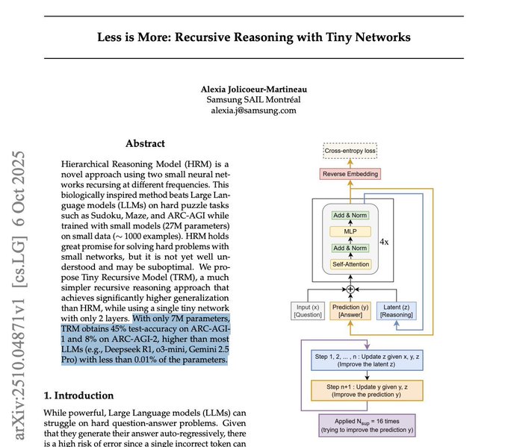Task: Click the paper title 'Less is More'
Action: (254, 37)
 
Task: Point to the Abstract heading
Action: (145, 143)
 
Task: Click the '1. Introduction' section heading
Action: (78, 396)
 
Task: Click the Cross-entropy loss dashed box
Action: (350, 151)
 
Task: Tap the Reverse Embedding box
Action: (350, 174)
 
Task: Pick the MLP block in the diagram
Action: (350, 231)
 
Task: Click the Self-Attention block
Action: (350, 264)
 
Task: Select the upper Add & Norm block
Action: (350, 215)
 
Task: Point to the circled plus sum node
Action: (350, 288)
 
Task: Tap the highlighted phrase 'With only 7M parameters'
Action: (183, 316)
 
